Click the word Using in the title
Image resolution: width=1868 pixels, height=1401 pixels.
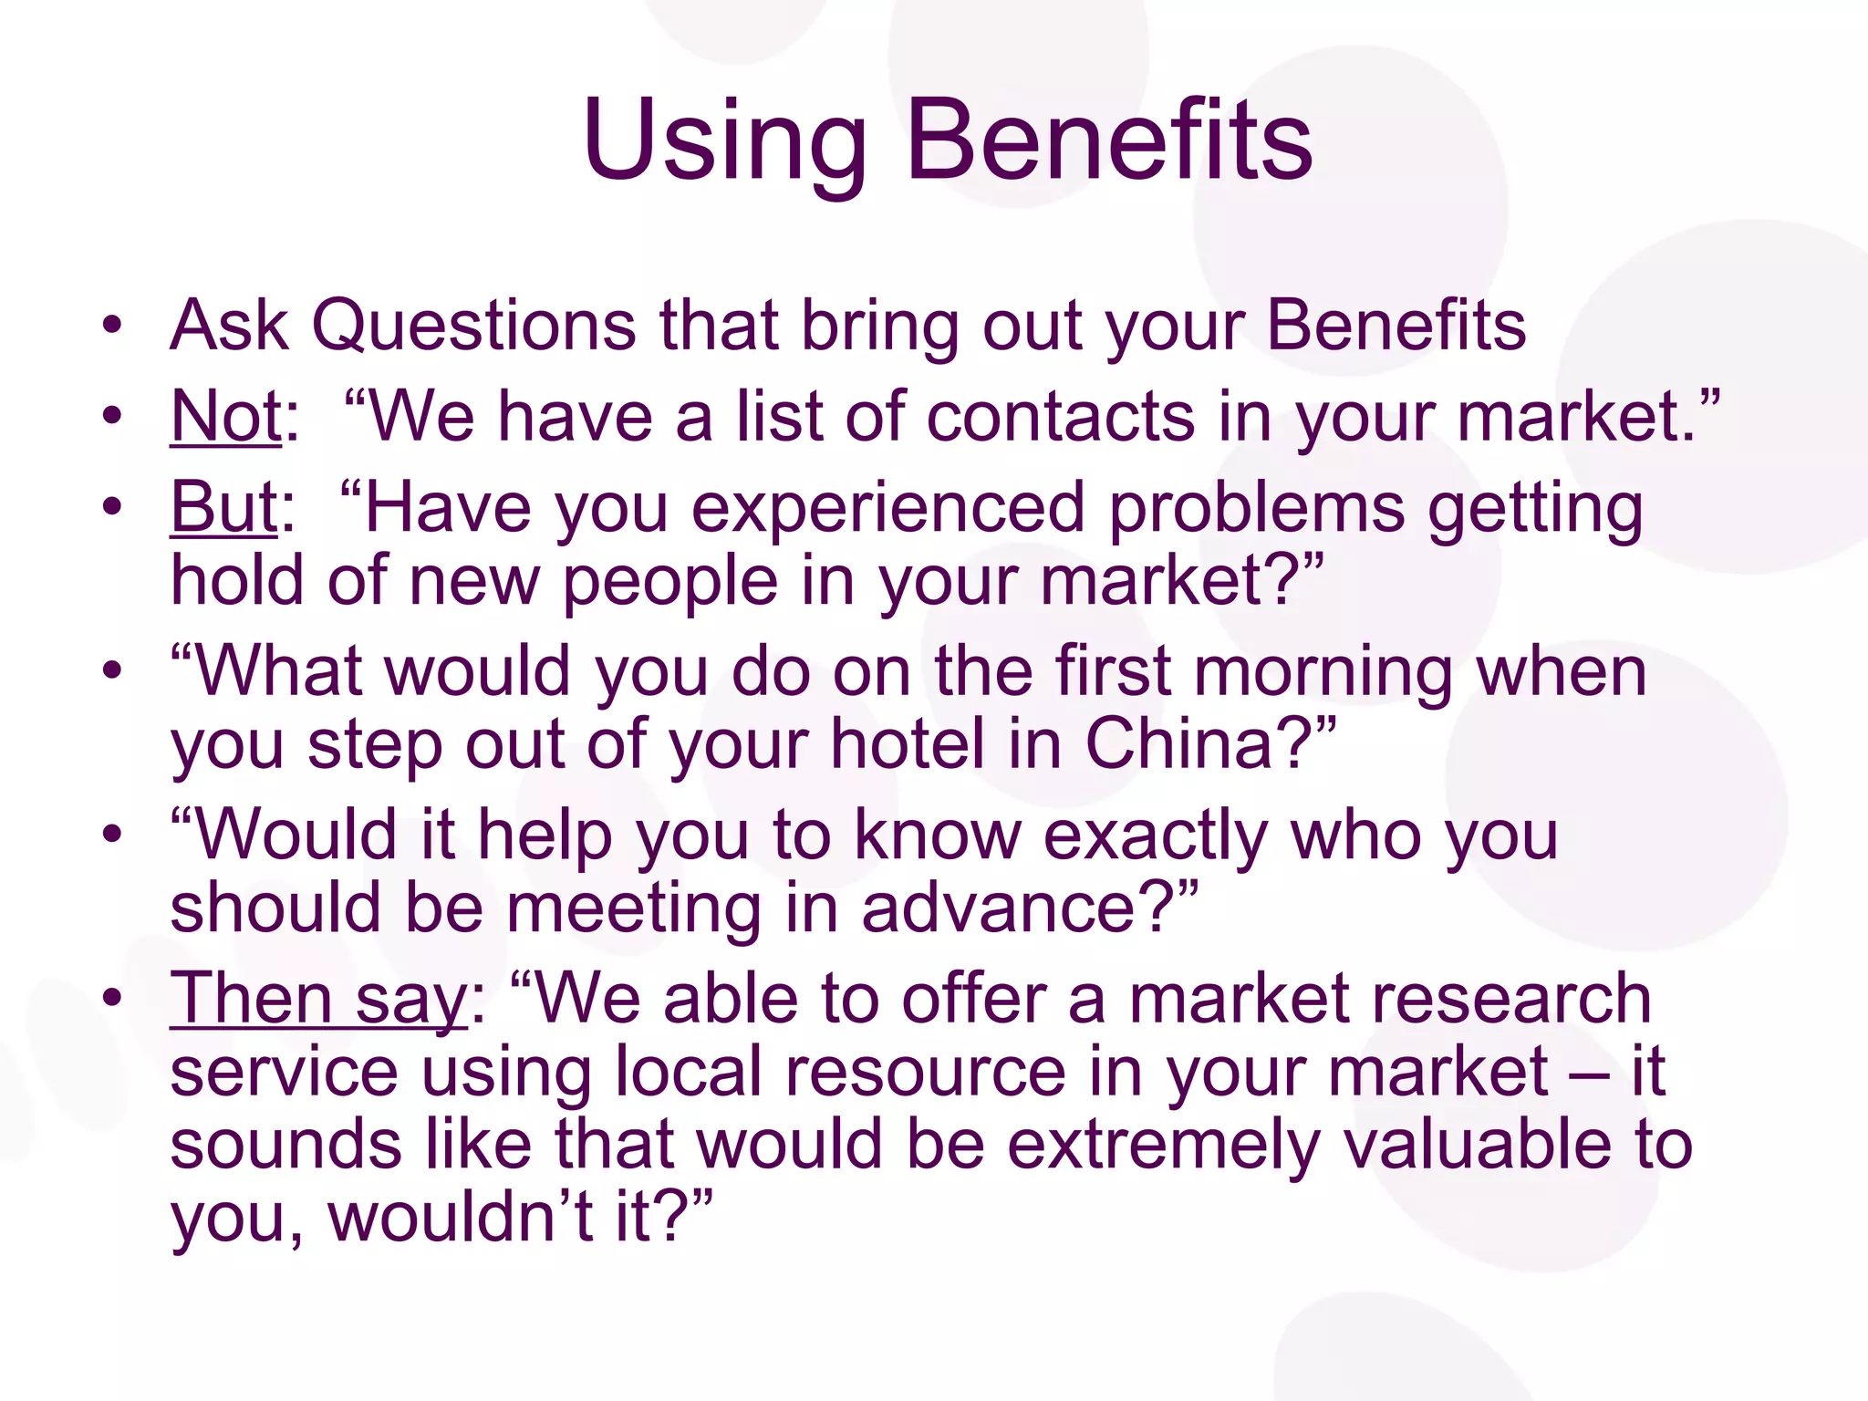725,141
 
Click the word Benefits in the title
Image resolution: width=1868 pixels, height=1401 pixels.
1109,141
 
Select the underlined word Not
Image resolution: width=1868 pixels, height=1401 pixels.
225,417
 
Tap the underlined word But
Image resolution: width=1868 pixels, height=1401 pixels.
223,507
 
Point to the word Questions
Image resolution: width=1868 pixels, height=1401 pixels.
474,326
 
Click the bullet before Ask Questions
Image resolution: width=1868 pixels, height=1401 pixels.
112,326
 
